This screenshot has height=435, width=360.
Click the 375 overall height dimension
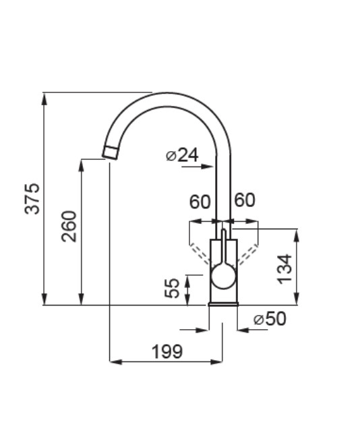coord(32,198)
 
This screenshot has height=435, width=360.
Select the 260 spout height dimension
coord(69,227)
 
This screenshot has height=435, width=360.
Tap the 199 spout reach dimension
coord(167,351)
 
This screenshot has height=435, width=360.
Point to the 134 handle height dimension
coord(285,269)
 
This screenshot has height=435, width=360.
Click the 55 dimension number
coord(172,288)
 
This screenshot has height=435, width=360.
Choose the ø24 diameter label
coord(182,155)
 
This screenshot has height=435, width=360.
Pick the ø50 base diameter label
coord(270,319)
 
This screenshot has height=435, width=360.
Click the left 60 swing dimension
coord(200,202)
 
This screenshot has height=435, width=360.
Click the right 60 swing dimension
coord(245,200)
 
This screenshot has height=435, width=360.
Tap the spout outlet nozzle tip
coord(111,152)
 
